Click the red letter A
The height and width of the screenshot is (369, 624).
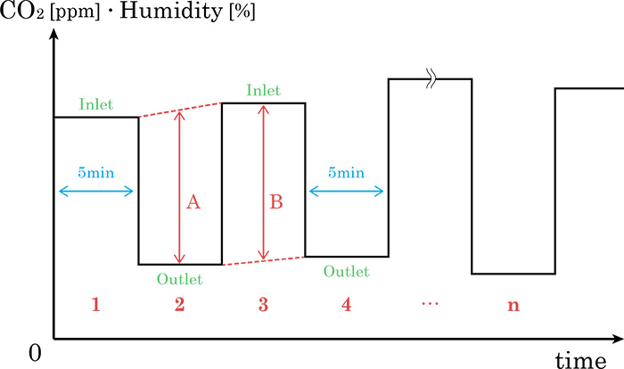coord(193,202)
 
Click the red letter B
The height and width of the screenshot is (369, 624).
coord(275,202)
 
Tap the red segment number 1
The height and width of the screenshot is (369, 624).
coord(95,305)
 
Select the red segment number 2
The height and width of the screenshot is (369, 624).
coord(179,305)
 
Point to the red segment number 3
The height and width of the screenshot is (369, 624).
coord(263,305)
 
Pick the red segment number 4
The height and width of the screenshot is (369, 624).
coord(347,305)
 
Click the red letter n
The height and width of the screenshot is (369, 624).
coord(513,305)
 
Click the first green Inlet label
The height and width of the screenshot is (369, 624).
coord(96,104)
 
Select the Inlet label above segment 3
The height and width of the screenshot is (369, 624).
coord(263,90)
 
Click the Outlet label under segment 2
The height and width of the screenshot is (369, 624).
coord(179,279)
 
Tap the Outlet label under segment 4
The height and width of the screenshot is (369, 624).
coord(347,271)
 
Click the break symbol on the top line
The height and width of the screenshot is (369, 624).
coord(430,79)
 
